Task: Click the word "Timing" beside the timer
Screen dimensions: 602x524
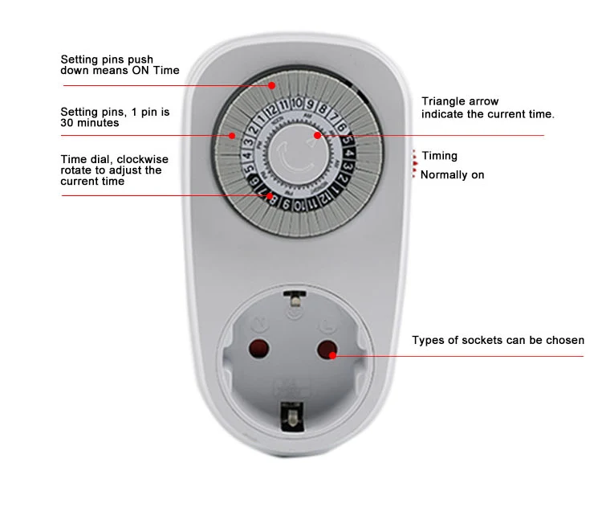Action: click(439, 156)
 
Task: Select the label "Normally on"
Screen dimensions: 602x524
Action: click(452, 174)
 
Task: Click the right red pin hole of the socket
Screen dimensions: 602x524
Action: click(327, 349)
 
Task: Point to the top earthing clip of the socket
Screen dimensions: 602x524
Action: click(295, 301)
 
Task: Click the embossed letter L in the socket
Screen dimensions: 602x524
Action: click(325, 324)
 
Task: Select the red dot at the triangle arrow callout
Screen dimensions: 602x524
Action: click(318, 136)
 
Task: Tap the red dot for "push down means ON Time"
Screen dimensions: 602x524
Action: click(272, 84)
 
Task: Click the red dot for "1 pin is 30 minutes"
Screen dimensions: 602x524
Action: click(232, 135)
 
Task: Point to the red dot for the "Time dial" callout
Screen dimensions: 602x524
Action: click(269, 194)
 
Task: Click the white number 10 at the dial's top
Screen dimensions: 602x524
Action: click(297, 103)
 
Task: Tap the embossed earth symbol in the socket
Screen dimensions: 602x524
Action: click(294, 314)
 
